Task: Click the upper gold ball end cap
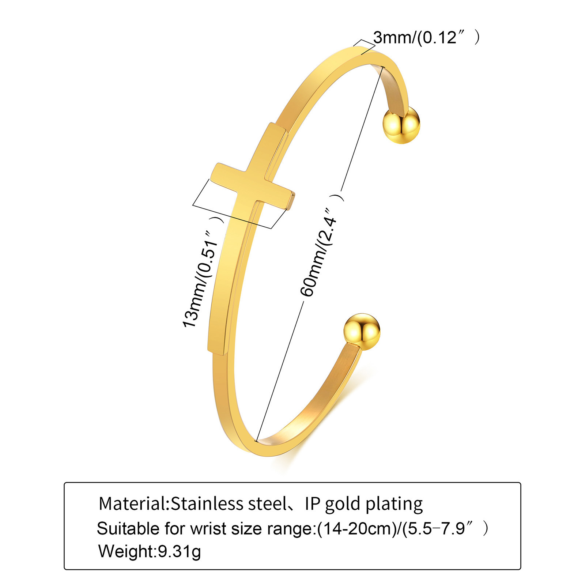coord(401,125)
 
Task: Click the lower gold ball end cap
coord(362,332)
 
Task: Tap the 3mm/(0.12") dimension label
coord(426,37)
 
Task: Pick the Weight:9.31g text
coord(150,551)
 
